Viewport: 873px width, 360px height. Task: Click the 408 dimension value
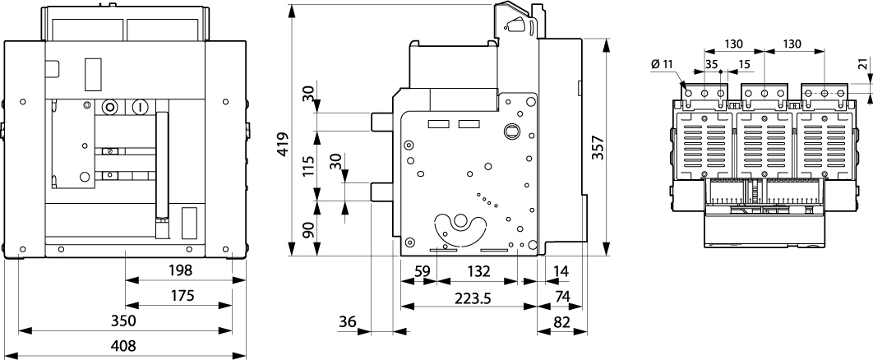(x=123, y=345)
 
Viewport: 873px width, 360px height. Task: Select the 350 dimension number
(x=123, y=320)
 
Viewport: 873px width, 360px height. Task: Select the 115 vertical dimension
(x=307, y=168)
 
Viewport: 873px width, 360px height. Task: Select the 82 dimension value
(x=561, y=321)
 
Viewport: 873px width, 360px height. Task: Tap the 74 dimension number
(x=561, y=296)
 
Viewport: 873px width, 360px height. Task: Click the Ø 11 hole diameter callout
(x=662, y=64)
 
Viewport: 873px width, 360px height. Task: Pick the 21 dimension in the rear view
(x=861, y=66)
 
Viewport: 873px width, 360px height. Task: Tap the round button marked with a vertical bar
(x=139, y=107)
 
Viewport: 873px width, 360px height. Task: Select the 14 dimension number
(x=561, y=270)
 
